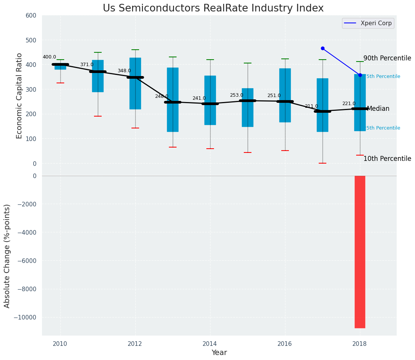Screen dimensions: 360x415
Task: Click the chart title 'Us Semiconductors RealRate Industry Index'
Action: point(213,8)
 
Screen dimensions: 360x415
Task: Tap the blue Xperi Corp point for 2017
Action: point(323,49)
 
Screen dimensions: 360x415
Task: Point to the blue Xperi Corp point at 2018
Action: point(360,75)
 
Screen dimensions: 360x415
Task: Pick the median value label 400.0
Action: point(49,57)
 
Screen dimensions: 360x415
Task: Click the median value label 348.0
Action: point(124,71)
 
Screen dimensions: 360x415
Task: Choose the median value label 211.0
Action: point(311,106)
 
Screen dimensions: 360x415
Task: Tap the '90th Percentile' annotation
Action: point(387,58)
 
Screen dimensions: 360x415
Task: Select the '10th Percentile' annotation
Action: point(387,159)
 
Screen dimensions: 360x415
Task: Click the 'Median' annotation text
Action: point(378,109)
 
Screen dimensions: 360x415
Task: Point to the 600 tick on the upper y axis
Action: point(31,15)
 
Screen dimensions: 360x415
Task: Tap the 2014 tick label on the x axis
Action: point(210,344)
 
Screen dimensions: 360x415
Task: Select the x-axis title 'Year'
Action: point(219,353)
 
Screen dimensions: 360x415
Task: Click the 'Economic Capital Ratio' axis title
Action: point(19,89)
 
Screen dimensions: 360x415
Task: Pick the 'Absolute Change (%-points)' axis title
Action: point(7,256)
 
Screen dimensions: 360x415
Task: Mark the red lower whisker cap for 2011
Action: point(98,116)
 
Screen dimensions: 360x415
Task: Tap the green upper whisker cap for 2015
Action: point(248,63)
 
